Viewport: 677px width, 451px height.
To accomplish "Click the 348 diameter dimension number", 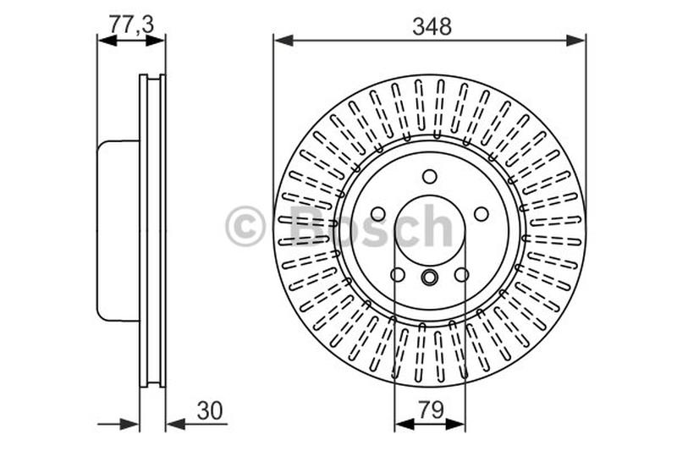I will (432, 26).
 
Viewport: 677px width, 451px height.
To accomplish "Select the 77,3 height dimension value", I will (131, 25).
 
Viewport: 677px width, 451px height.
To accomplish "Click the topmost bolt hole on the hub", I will (430, 176).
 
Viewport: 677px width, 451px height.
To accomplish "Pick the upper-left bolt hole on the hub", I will (378, 214).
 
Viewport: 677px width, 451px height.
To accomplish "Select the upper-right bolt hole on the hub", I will (481, 214).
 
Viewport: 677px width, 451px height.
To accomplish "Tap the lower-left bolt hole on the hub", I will (398, 274).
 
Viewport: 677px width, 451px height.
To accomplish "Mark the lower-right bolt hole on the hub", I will (461, 274).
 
